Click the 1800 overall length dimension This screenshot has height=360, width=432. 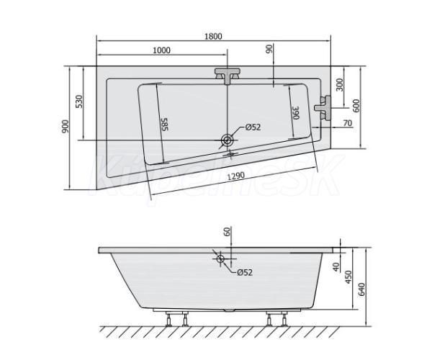[x=213, y=36]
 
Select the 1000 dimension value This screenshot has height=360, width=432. [x=161, y=50]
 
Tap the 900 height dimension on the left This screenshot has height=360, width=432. [x=66, y=127]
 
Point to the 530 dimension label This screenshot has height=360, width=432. [x=78, y=102]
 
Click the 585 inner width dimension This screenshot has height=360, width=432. [x=164, y=125]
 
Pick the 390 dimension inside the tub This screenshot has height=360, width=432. [x=296, y=112]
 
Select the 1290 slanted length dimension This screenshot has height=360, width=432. [x=235, y=176]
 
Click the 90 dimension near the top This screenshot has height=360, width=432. [x=269, y=48]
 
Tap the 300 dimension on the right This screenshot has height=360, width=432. [x=341, y=85]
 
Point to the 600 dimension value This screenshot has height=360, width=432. [x=356, y=106]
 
